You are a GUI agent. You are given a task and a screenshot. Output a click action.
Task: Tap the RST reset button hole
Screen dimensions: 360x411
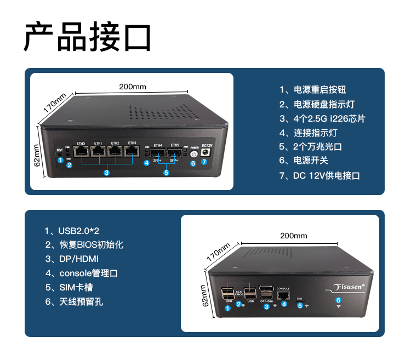click(60, 156)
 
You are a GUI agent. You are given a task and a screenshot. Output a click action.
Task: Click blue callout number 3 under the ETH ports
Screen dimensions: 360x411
click(106, 173)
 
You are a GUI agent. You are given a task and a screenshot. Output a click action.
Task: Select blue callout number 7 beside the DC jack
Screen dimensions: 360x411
click(204, 162)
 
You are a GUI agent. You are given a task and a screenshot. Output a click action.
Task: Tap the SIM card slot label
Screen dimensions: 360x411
click(299, 299)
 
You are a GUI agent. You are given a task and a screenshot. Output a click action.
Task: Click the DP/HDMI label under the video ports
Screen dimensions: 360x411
click(267, 301)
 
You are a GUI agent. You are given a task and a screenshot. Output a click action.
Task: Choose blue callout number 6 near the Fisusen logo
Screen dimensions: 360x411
click(338, 300)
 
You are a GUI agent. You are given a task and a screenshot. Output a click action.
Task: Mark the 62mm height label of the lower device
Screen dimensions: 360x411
click(203, 296)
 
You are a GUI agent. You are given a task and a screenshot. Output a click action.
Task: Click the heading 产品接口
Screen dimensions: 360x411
click(87, 37)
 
